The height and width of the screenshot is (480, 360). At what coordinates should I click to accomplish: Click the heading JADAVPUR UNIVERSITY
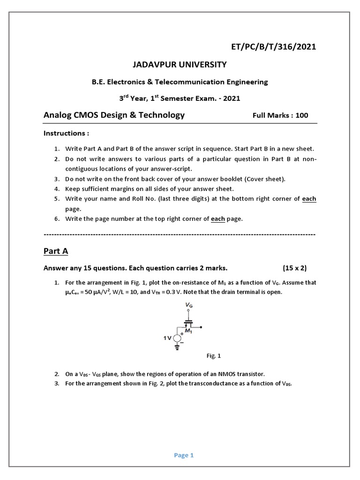click(x=180, y=64)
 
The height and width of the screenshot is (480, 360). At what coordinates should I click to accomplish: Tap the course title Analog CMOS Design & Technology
click(x=114, y=115)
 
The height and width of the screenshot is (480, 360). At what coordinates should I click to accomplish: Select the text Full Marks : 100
click(x=280, y=115)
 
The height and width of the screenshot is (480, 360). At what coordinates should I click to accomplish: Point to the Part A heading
click(x=56, y=251)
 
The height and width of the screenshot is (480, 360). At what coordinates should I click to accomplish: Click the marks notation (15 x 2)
click(x=294, y=268)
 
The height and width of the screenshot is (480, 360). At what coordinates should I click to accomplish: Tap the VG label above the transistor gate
click(x=189, y=305)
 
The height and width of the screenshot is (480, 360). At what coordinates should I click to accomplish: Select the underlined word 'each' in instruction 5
click(x=309, y=199)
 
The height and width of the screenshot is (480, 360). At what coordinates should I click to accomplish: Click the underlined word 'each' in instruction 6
click(x=218, y=219)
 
